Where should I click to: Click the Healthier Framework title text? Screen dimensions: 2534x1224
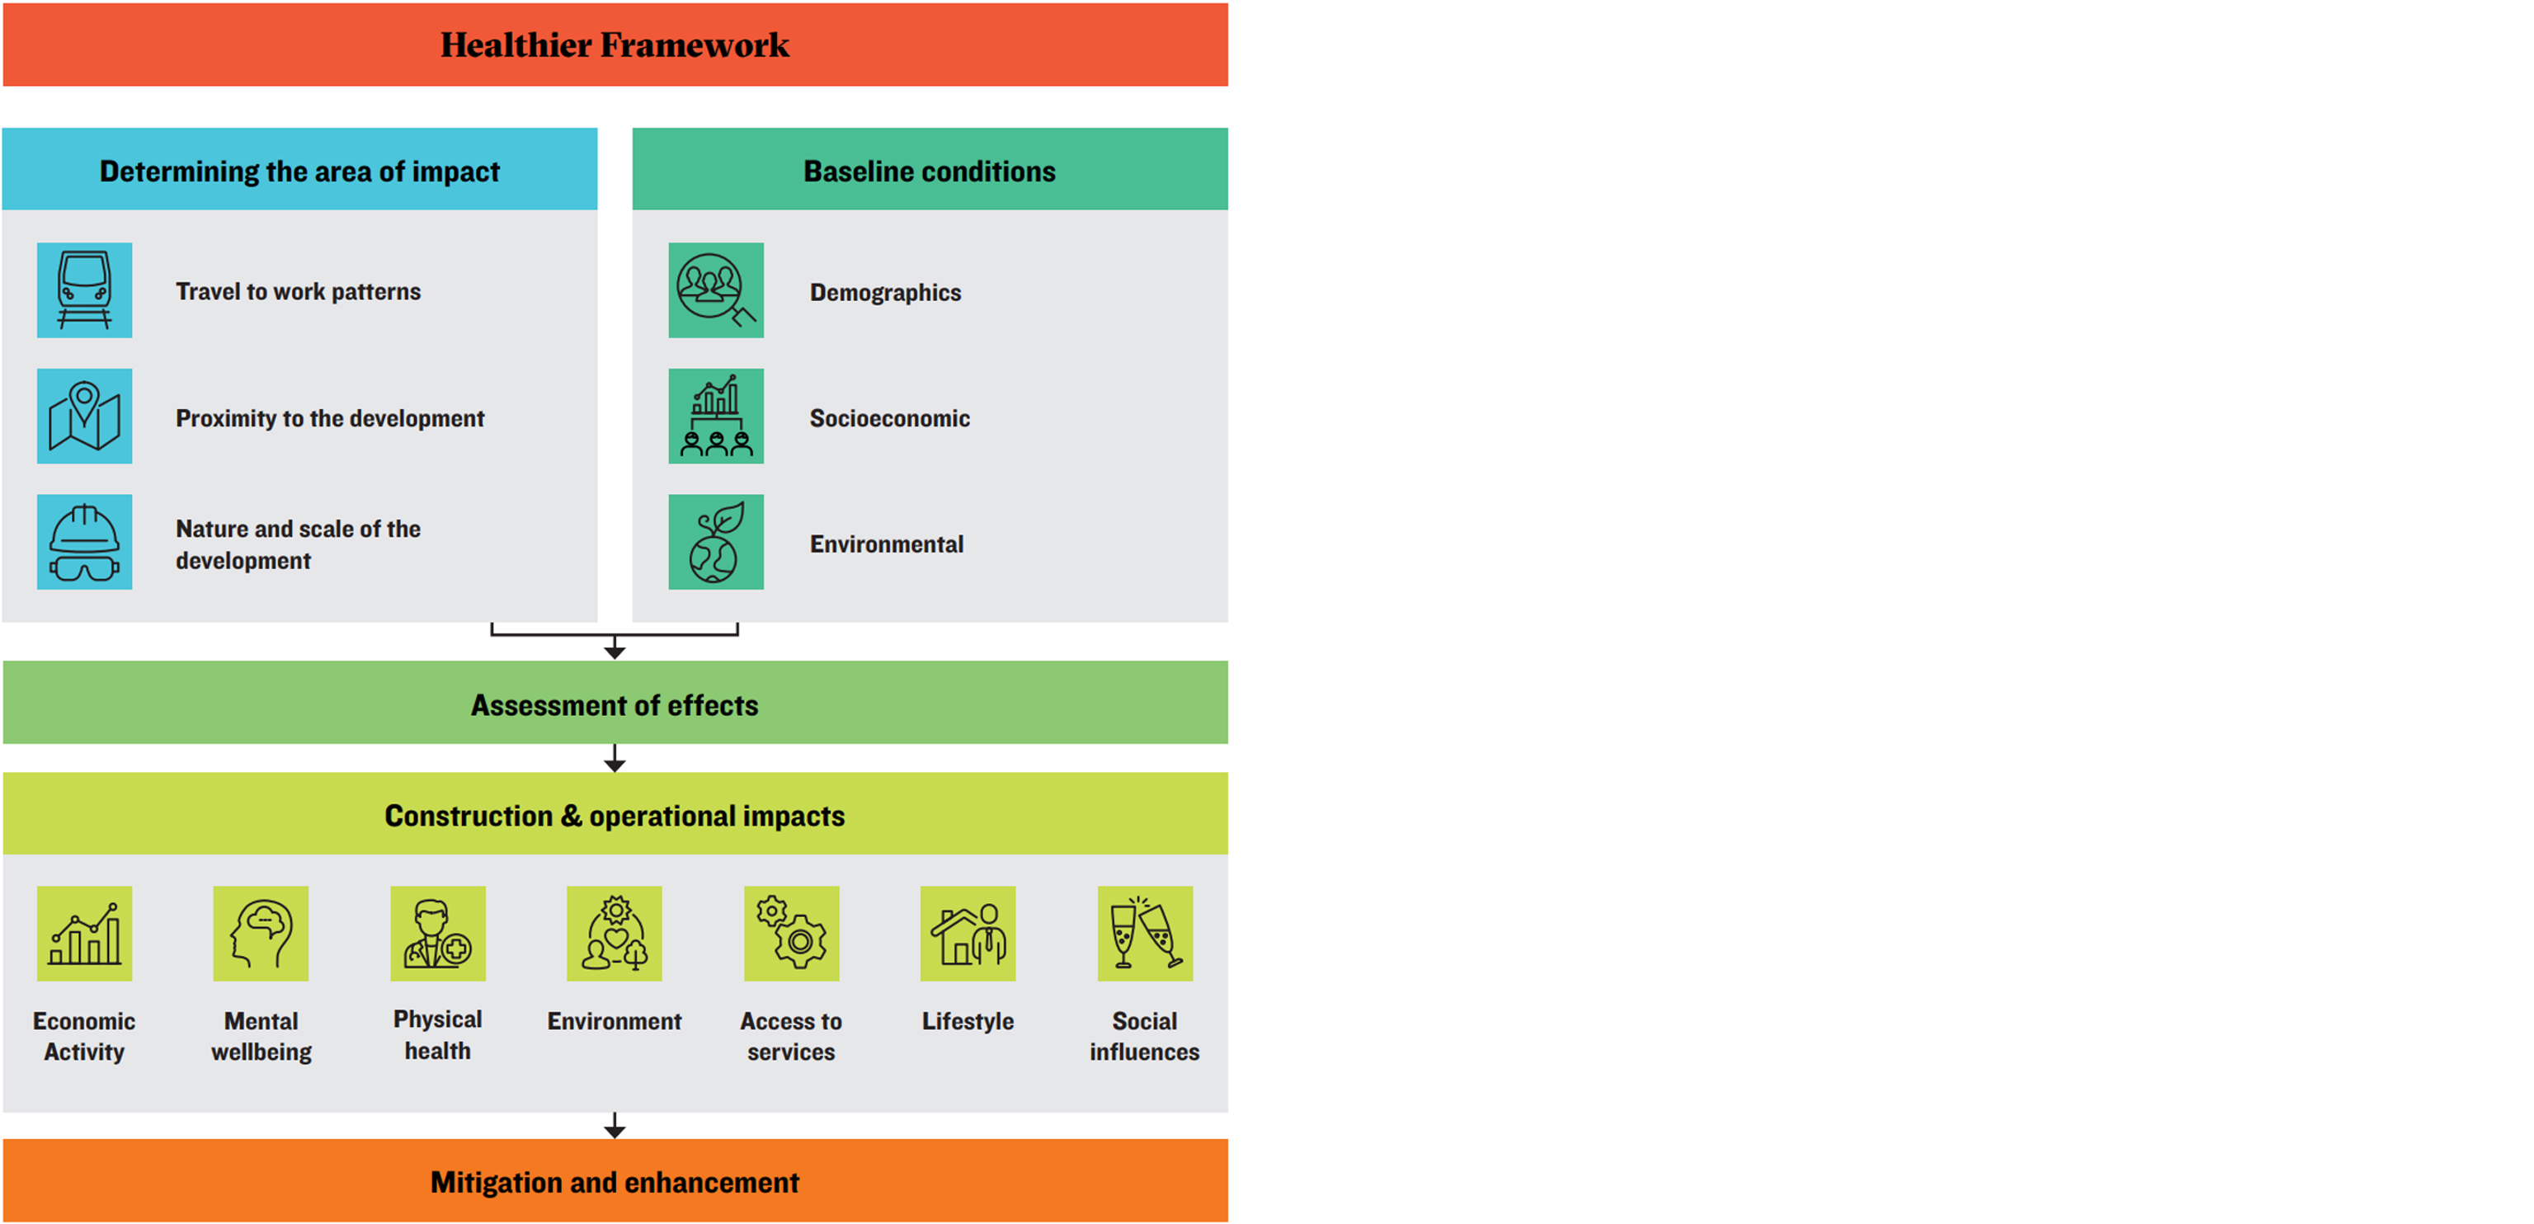pyautogui.click(x=614, y=45)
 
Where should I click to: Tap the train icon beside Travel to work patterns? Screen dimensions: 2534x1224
pyautogui.click(x=85, y=290)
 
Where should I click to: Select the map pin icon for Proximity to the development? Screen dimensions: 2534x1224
pyautogui.click(x=85, y=417)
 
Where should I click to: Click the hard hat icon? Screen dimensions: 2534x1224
pyautogui.click(x=85, y=542)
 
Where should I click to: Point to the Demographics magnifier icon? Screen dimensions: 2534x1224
pyautogui.click(x=716, y=290)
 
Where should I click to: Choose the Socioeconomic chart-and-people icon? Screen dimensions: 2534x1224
pyautogui.click(x=716, y=417)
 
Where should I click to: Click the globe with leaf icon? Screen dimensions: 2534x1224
pyautogui.click(x=716, y=542)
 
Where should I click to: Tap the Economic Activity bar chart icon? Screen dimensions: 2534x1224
pyautogui.click(x=85, y=934)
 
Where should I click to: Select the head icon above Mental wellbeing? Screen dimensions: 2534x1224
pyautogui.click(x=261, y=934)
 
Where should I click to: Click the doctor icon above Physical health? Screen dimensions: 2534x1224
pyautogui.click(x=438, y=934)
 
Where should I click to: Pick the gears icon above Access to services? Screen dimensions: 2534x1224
pyautogui.click(x=792, y=934)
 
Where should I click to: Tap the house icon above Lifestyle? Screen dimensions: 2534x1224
pyautogui.click(x=968, y=934)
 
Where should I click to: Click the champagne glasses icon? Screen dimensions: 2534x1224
pyautogui.click(x=1145, y=934)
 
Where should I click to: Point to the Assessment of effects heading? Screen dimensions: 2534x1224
pyautogui.click(x=615, y=705)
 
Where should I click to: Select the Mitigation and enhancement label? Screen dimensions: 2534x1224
pyautogui.click(x=615, y=1182)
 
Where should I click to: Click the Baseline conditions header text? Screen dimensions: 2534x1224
pyautogui.click(x=930, y=172)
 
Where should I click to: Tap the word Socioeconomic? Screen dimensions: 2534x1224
pyautogui.click(x=889, y=418)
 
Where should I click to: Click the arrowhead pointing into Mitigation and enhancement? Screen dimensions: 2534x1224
pyautogui.click(x=615, y=1132)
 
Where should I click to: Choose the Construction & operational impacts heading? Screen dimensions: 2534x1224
pyautogui.click(x=615, y=816)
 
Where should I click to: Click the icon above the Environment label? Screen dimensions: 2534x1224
pyautogui.click(x=615, y=934)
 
